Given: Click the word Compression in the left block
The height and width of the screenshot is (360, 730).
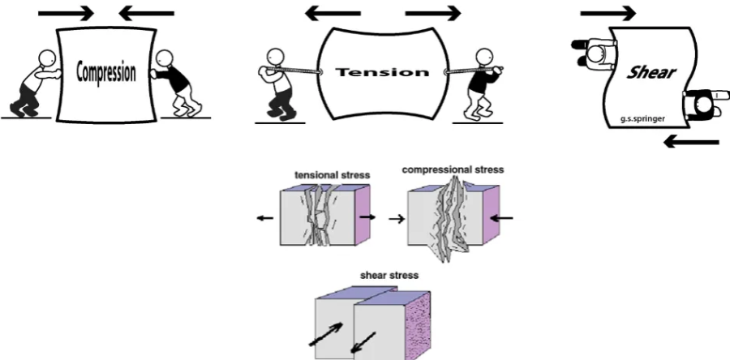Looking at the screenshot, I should point(106,72).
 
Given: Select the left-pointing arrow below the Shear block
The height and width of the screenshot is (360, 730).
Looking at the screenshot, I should point(690,142).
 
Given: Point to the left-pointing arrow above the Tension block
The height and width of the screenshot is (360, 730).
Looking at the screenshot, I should point(333,14).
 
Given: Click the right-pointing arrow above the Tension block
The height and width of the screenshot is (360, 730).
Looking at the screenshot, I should point(432,14).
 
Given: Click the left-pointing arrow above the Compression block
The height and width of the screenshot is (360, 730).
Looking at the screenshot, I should point(146,14).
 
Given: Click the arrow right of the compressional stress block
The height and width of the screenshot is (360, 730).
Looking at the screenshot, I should point(501,217).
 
